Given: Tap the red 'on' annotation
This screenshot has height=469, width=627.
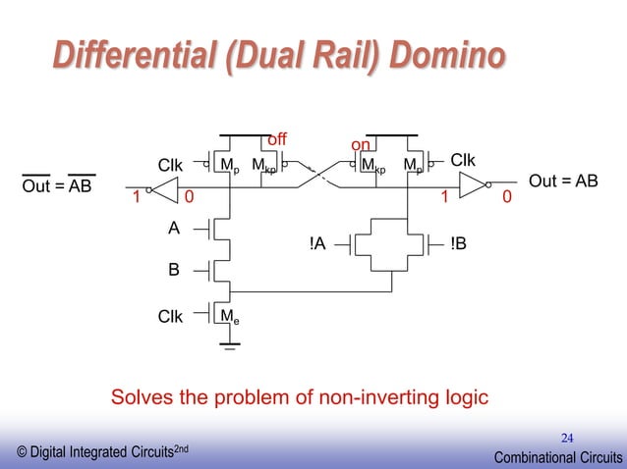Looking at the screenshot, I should click(361, 146).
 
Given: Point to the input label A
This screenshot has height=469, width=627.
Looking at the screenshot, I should click(174, 228).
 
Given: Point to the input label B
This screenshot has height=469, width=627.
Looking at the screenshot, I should click(174, 267).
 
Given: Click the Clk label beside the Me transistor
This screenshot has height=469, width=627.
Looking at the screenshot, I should click(171, 316).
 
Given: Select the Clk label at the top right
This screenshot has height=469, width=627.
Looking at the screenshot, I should click(463, 159).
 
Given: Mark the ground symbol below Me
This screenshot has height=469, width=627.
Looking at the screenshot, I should click(230, 344).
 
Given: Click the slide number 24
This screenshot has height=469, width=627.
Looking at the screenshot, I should click(567, 436).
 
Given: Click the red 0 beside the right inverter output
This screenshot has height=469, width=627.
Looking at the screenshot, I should click(506, 197).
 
